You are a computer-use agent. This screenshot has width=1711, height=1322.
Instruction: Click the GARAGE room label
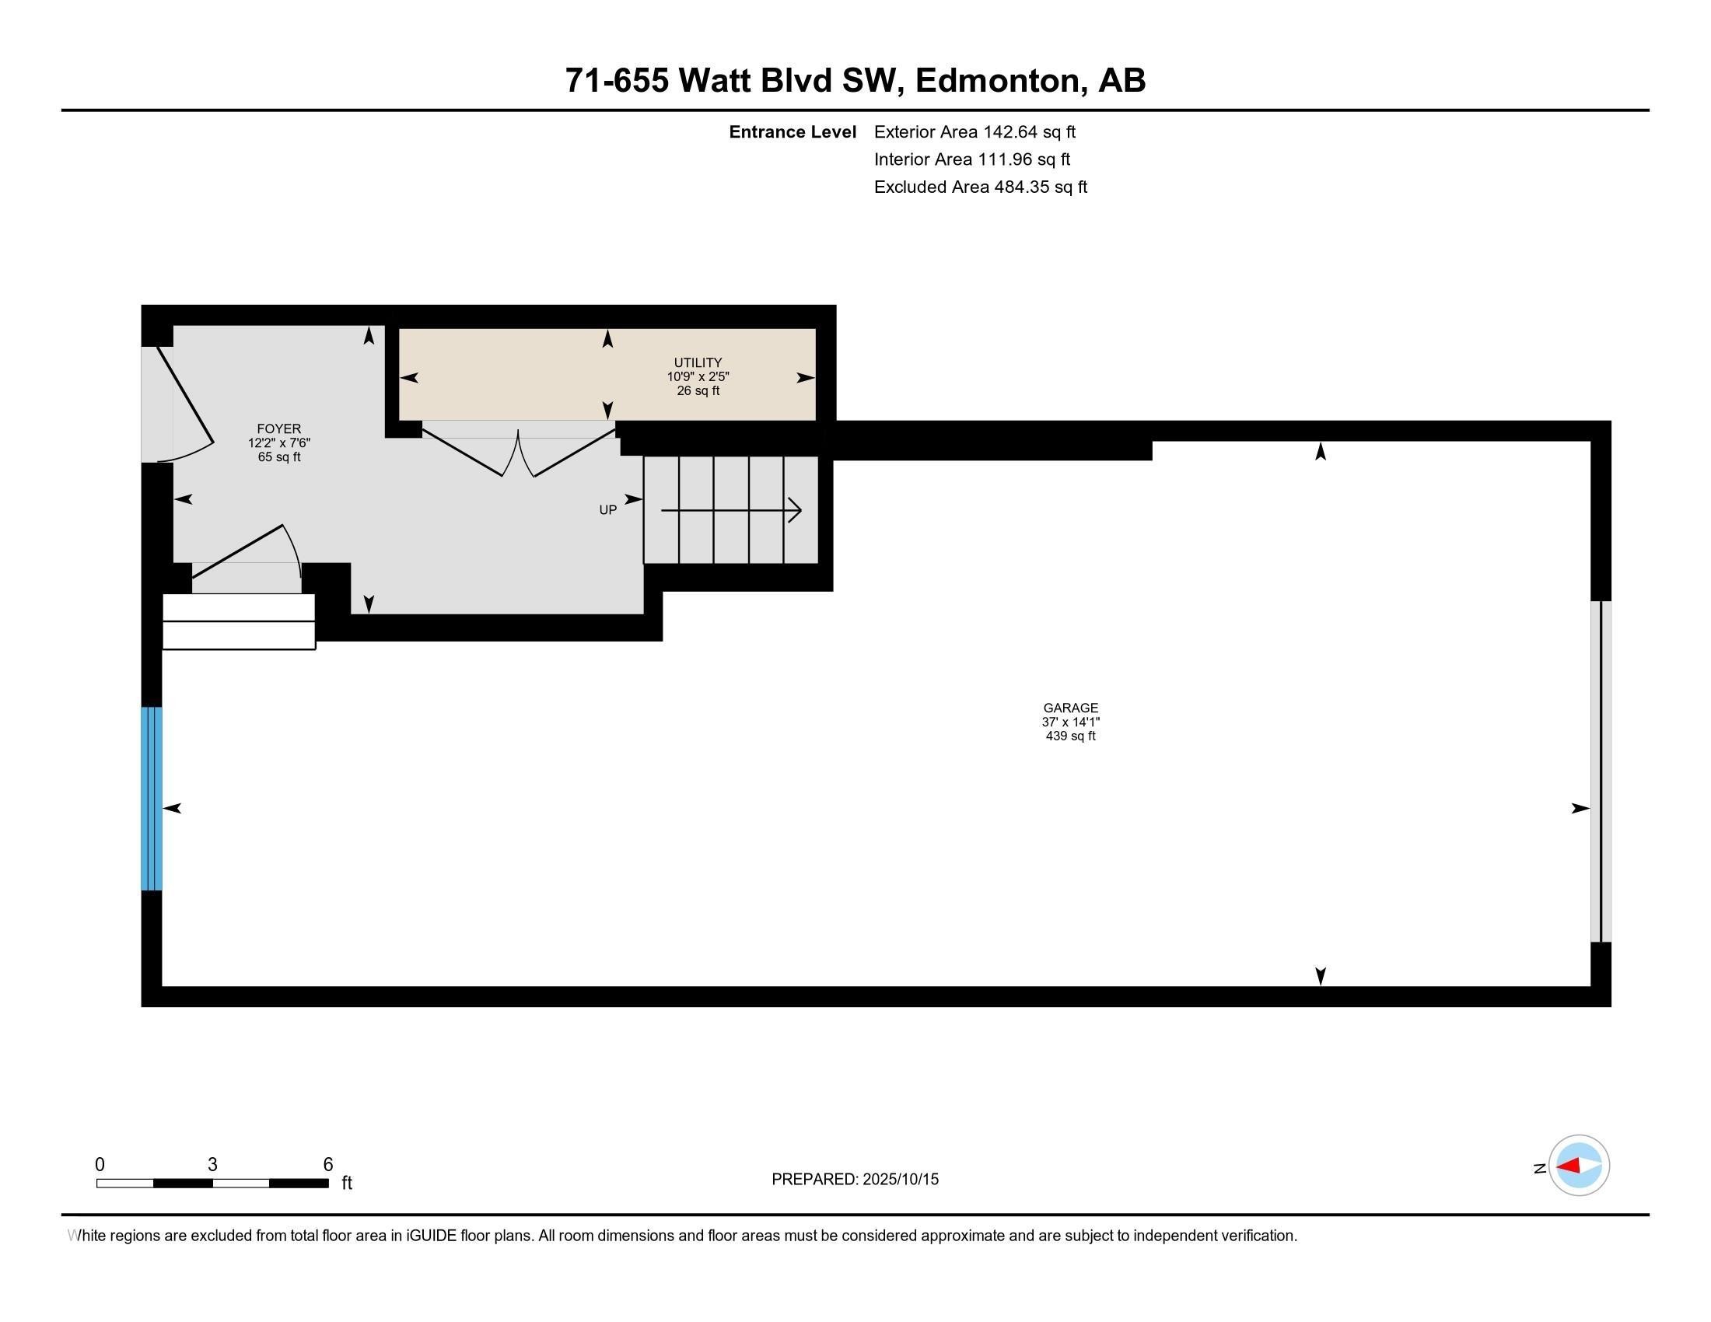[1070, 708]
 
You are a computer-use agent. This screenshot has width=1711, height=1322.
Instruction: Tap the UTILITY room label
[698, 362]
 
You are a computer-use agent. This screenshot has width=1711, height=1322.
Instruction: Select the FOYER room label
[279, 428]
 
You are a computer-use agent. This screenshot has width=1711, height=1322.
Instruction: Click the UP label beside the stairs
[608, 510]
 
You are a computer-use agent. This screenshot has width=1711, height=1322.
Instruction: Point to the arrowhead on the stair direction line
[796, 511]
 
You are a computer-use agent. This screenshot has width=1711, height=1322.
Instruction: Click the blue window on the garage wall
[151, 798]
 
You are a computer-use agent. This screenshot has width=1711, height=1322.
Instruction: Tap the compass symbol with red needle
[1578, 1166]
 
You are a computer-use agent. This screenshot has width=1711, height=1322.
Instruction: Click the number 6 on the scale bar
[328, 1165]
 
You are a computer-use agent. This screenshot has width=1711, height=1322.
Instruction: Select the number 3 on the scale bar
[212, 1165]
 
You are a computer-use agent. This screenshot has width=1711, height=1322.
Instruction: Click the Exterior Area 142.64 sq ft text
[974, 132]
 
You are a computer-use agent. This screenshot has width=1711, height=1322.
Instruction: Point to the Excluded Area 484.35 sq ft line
[980, 187]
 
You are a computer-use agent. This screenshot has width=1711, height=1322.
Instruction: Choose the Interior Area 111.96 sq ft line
[971, 159]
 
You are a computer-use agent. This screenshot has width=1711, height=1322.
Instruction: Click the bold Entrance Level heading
[792, 132]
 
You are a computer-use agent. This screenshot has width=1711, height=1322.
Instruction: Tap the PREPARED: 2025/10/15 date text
[855, 1180]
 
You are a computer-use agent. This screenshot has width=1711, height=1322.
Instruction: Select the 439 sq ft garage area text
[1070, 736]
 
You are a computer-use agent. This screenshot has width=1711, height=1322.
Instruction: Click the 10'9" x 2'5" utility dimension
[698, 376]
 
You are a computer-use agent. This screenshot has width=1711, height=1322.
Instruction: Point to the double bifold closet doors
[518, 454]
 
